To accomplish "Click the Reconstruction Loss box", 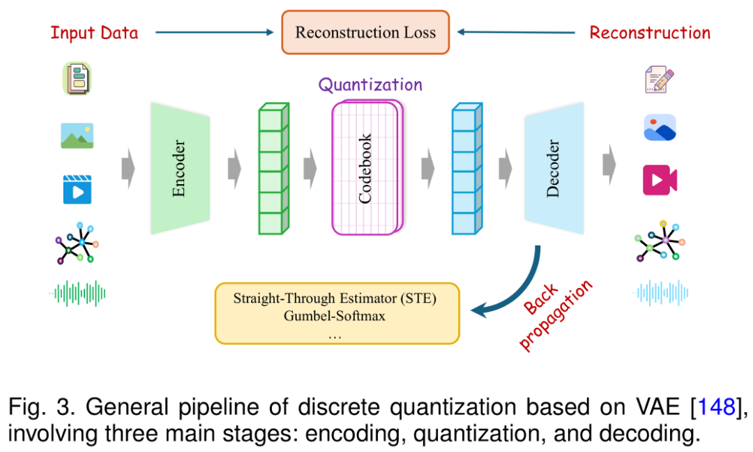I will (x=365, y=32).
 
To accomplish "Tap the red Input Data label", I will (x=94, y=33).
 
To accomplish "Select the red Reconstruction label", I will (x=650, y=33).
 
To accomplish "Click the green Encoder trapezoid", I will (x=180, y=168).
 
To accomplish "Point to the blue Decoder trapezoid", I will (x=554, y=168).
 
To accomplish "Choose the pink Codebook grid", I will (x=367, y=167).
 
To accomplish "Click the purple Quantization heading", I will (x=370, y=85).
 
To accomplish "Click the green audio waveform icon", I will (x=77, y=294).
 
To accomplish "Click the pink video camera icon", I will (x=660, y=180).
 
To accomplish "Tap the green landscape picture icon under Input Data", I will (x=77, y=135).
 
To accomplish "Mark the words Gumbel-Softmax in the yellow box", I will (x=334, y=315).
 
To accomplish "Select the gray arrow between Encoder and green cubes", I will (x=234, y=168).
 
